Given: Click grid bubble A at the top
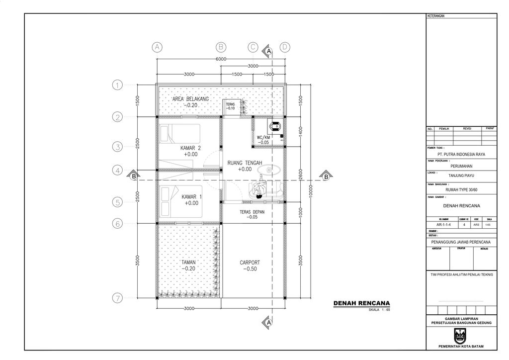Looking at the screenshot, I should coord(157,47).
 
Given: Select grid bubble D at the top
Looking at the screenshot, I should coord(285,47).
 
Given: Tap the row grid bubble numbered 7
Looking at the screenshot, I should coord(117,299).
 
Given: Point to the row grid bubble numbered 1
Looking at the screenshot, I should coord(117,85).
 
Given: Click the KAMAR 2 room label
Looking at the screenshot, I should coord(190,148).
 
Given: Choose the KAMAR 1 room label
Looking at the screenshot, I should coord(191,196).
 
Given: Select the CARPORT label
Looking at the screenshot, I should coord(250,263).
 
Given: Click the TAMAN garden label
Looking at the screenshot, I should coord(188,262).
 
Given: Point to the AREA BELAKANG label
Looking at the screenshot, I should coord(191,99).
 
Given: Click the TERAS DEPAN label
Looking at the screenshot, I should coord(252,211).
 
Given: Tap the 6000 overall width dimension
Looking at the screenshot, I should coord(222,59).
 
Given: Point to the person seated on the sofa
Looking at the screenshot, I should coord(259,189).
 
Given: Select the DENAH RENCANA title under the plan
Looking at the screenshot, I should coord(361,303).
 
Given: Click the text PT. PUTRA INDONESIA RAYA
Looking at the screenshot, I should coord(458,155).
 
